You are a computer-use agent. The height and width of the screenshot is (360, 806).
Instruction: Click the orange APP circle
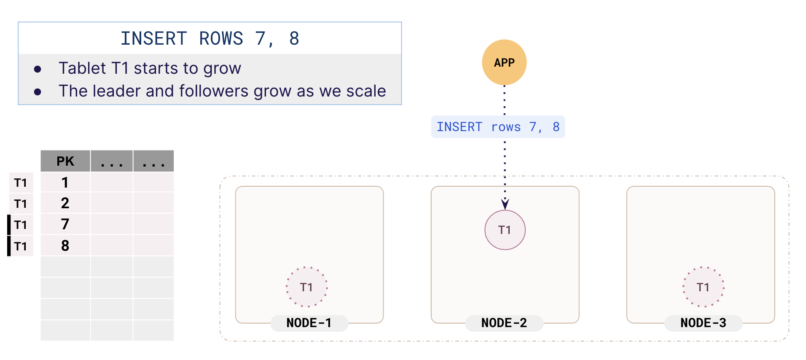point(504,62)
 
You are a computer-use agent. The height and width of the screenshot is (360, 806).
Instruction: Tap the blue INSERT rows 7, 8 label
point(498,127)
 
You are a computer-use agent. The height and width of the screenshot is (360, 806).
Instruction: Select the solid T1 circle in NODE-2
point(505,230)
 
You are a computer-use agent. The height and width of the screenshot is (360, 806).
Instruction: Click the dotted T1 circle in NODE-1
point(306,287)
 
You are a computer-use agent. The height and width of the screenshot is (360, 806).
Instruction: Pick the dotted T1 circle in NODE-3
point(703,287)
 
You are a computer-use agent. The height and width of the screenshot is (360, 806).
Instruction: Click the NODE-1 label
point(309,323)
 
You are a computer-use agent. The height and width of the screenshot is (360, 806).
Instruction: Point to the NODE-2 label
point(504,323)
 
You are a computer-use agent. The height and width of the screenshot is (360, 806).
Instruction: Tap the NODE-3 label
point(703,323)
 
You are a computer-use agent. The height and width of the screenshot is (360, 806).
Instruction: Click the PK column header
point(65,161)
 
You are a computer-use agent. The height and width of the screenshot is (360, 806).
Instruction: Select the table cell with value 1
point(65,182)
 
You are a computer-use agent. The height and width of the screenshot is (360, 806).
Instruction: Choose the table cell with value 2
point(65,203)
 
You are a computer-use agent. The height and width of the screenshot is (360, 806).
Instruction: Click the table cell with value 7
point(65,224)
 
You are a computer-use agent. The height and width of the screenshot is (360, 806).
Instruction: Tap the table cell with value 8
point(65,245)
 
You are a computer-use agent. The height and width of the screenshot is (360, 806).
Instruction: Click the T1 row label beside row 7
point(21,225)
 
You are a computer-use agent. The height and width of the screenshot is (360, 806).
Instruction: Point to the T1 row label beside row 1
point(21,183)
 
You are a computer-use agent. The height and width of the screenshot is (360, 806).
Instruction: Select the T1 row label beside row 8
point(21,246)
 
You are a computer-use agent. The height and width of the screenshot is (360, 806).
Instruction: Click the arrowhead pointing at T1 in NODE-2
point(505,204)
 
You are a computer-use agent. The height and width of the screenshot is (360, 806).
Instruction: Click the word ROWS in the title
point(221,39)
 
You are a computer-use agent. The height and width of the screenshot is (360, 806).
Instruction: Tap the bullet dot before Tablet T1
point(38,69)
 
